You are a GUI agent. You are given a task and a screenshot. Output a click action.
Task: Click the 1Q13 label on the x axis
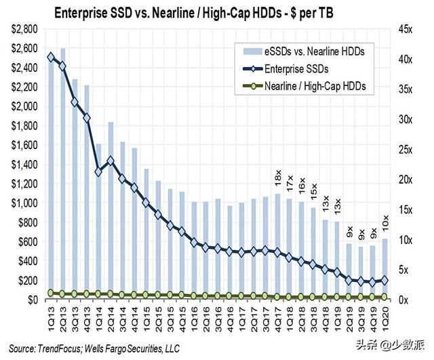(x=50, y=313)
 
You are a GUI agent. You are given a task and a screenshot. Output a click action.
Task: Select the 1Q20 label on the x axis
(x=385, y=313)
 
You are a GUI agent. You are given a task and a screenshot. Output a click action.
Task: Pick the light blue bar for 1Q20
(x=385, y=268)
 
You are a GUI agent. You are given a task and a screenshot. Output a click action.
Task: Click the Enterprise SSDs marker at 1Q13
(x=50, y=57)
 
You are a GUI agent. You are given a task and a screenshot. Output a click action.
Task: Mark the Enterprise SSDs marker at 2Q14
(x=111, y=161)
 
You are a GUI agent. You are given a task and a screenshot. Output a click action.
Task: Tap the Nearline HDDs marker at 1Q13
(x=50, y=293)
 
